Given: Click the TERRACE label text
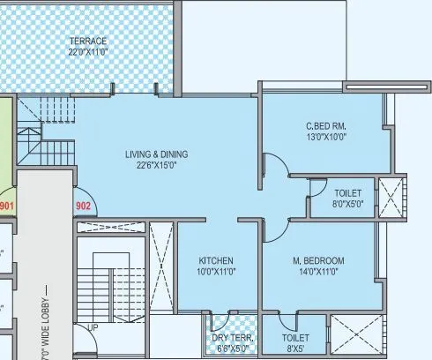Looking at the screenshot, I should [x=88, y=41].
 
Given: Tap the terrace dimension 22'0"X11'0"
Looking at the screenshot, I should [x=88, y=53].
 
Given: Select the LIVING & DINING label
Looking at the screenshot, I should [x=156, y=154].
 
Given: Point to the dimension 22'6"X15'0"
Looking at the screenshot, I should [x=156, y=165].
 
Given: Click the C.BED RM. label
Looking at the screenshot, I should [x=325, y=125].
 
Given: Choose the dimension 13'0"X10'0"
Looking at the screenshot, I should [x=325, y=137].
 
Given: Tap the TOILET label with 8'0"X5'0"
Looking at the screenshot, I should [x=347, y=192].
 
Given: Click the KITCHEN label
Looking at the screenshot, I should [x=215, y=260].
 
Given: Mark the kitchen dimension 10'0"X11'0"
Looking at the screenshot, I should [x=215, y=272].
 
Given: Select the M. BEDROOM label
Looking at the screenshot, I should [x=318, y=260].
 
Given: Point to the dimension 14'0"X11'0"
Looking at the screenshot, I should [x=318, y=272].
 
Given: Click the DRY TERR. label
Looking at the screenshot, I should [x=233, y=338].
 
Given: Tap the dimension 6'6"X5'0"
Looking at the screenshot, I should [x=233, y=349].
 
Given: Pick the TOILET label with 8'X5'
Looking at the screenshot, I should [x=295, y=338].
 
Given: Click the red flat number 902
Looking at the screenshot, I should [x=84, y=206].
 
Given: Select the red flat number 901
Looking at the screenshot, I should [x=8, y=206].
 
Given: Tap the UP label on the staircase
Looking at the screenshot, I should [x=93, y=327].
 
